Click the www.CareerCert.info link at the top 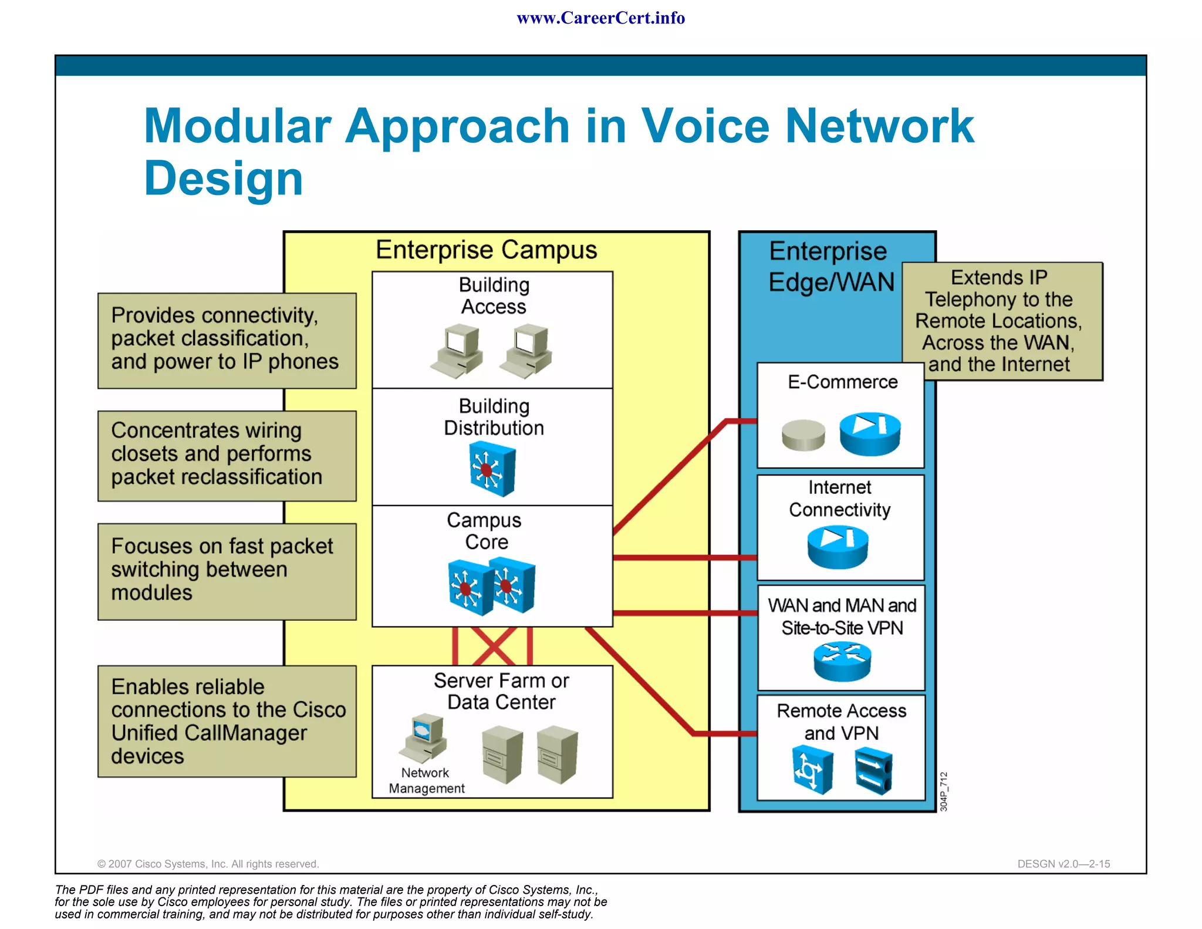coord(600,18)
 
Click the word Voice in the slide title coord(705,126)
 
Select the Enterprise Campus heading coord(486,250)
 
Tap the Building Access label coord(494,296)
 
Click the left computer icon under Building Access coord(458,351)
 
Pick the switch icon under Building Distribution coord(492,469)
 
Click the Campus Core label coord(485,531)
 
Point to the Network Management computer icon coord(423,738)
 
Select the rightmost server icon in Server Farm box coord(557,755)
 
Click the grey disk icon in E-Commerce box coord(803,435)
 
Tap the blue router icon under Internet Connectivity coord(838,547)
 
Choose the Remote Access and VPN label coord(841,722)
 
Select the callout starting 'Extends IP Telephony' coord(1001,321)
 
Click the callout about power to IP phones coord(226,339)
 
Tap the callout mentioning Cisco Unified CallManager coord(226,721)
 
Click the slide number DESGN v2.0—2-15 coord(1063,864)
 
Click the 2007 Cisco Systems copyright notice coord(208,864)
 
